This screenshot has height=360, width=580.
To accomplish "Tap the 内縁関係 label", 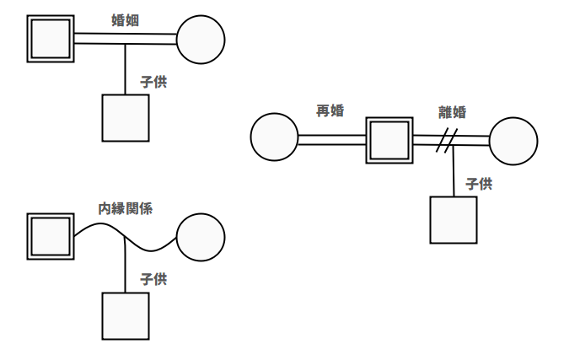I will [125, 208].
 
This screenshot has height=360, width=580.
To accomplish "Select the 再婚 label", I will [330, 110].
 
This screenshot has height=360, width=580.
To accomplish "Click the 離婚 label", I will [452, 112].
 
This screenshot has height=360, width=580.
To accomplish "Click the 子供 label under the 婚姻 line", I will [153, 82].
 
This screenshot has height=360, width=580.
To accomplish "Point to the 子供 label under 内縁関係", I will [153, 278].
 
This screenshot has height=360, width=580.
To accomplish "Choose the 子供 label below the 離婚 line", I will [478, 184].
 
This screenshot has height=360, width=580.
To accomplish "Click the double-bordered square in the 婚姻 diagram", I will [51, 39].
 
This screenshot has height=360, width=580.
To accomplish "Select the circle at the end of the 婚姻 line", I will [201, 39].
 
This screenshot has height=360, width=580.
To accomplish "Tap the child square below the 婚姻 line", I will [126, 118].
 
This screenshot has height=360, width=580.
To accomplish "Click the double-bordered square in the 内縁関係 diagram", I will [51, 235].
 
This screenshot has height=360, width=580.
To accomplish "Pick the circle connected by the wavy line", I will [201, 237].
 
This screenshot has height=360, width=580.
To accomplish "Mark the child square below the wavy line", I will [126, 315].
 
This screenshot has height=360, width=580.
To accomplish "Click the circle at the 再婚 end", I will [275, 137].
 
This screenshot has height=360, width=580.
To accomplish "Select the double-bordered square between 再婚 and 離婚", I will [389, 140].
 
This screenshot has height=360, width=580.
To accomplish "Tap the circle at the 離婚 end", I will [513, 141].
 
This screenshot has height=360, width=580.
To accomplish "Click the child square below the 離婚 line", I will [454, 220].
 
